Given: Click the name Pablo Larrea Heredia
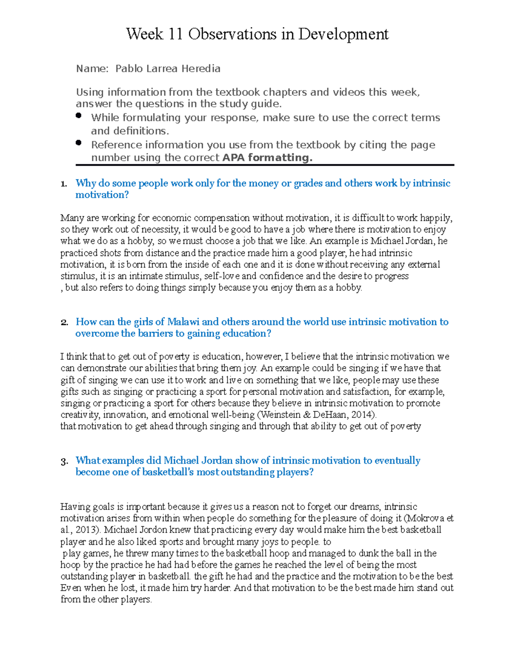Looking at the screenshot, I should tap(168, 69).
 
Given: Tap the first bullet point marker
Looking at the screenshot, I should tap(78, 115).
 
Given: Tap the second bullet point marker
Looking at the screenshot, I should tap(78, 143).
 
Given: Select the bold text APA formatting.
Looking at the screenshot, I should tap(267, 158).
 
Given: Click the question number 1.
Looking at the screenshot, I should tap(64, 184).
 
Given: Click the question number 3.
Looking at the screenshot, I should tap(64, 461).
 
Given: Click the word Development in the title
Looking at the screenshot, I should tap(343, 34).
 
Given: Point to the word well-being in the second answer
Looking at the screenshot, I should tap(233, 415).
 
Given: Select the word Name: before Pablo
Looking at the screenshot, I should tap(92, 69).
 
